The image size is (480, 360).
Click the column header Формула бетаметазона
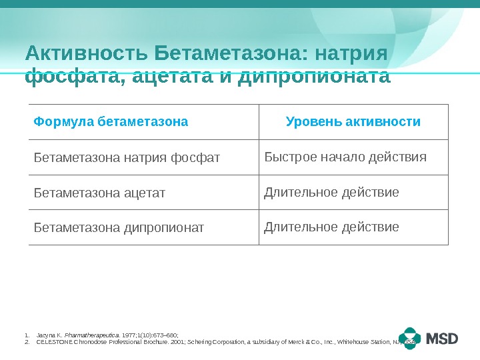click(x=111, y=122)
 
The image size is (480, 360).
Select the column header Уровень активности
click(x=353, y=122)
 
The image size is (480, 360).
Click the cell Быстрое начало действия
click(x=345, y=157)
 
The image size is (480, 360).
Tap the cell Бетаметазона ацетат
click(x=99, y=193)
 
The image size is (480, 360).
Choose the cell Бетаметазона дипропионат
click(x=119, y=228)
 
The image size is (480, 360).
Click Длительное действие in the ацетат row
click(x=331, y=193)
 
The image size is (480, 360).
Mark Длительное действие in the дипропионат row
click(x=331, y=227)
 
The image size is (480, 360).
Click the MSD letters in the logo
click(x=442, y=339)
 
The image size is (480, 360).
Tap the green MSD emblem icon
click(x=410, y=339)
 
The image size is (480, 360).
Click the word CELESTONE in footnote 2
click(x=51, y=341)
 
